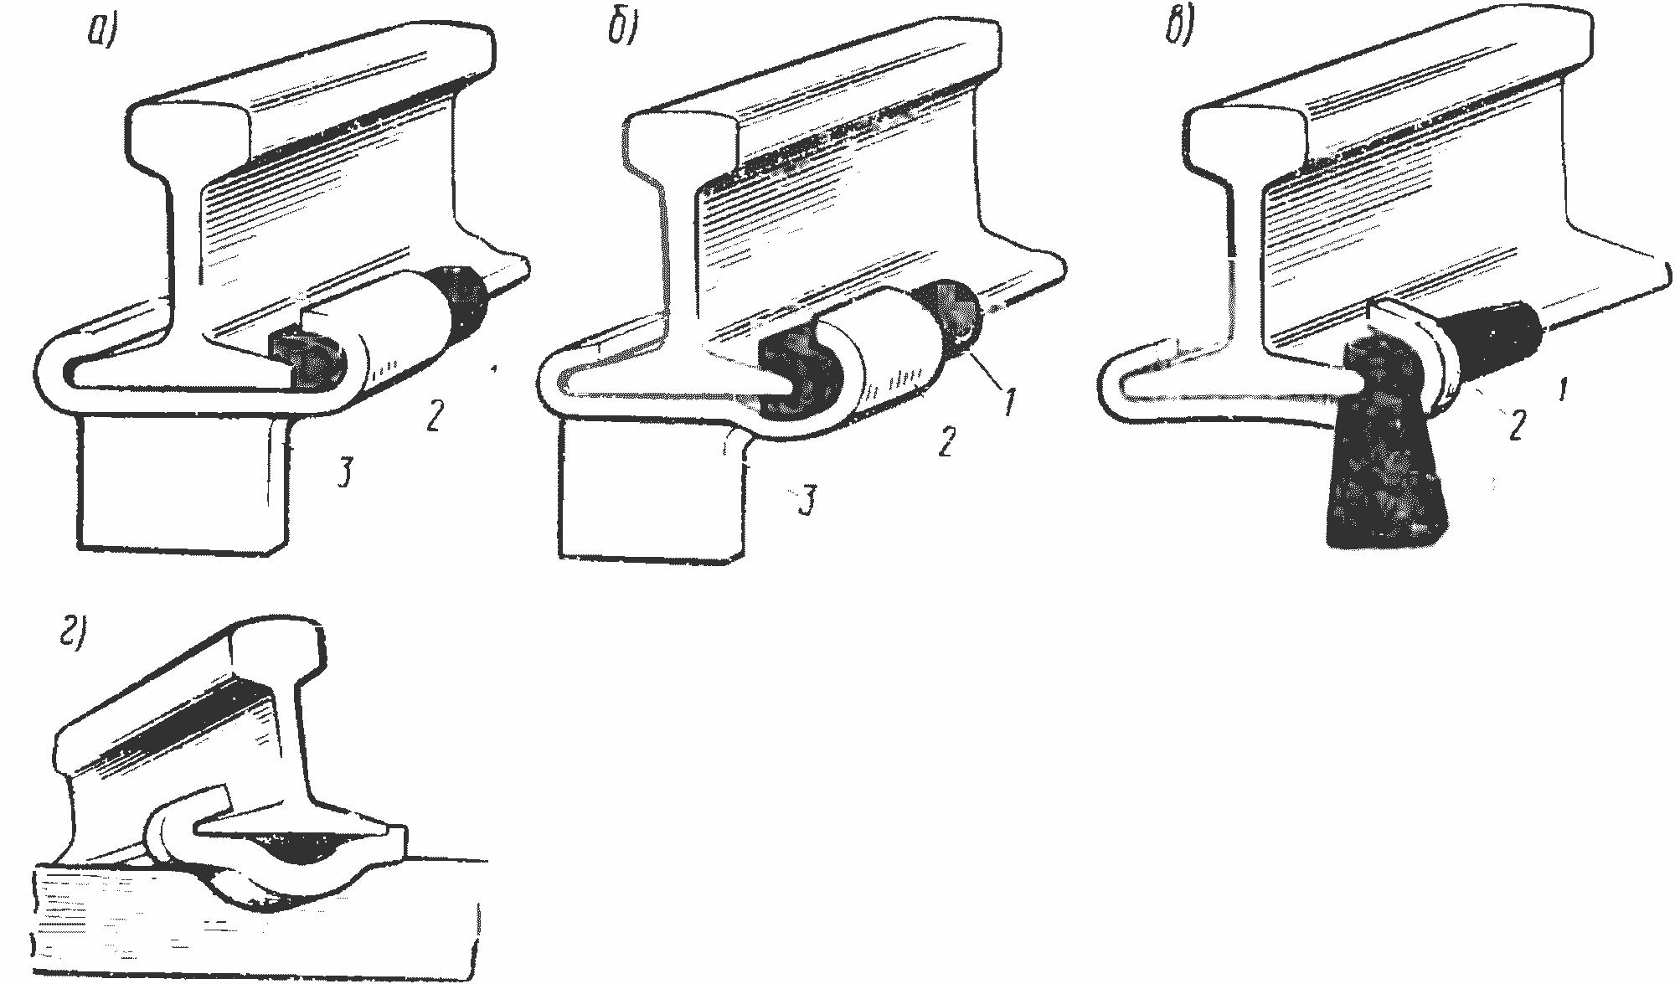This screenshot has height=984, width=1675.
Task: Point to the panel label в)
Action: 1178,30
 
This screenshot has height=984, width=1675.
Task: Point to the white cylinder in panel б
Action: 888,352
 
